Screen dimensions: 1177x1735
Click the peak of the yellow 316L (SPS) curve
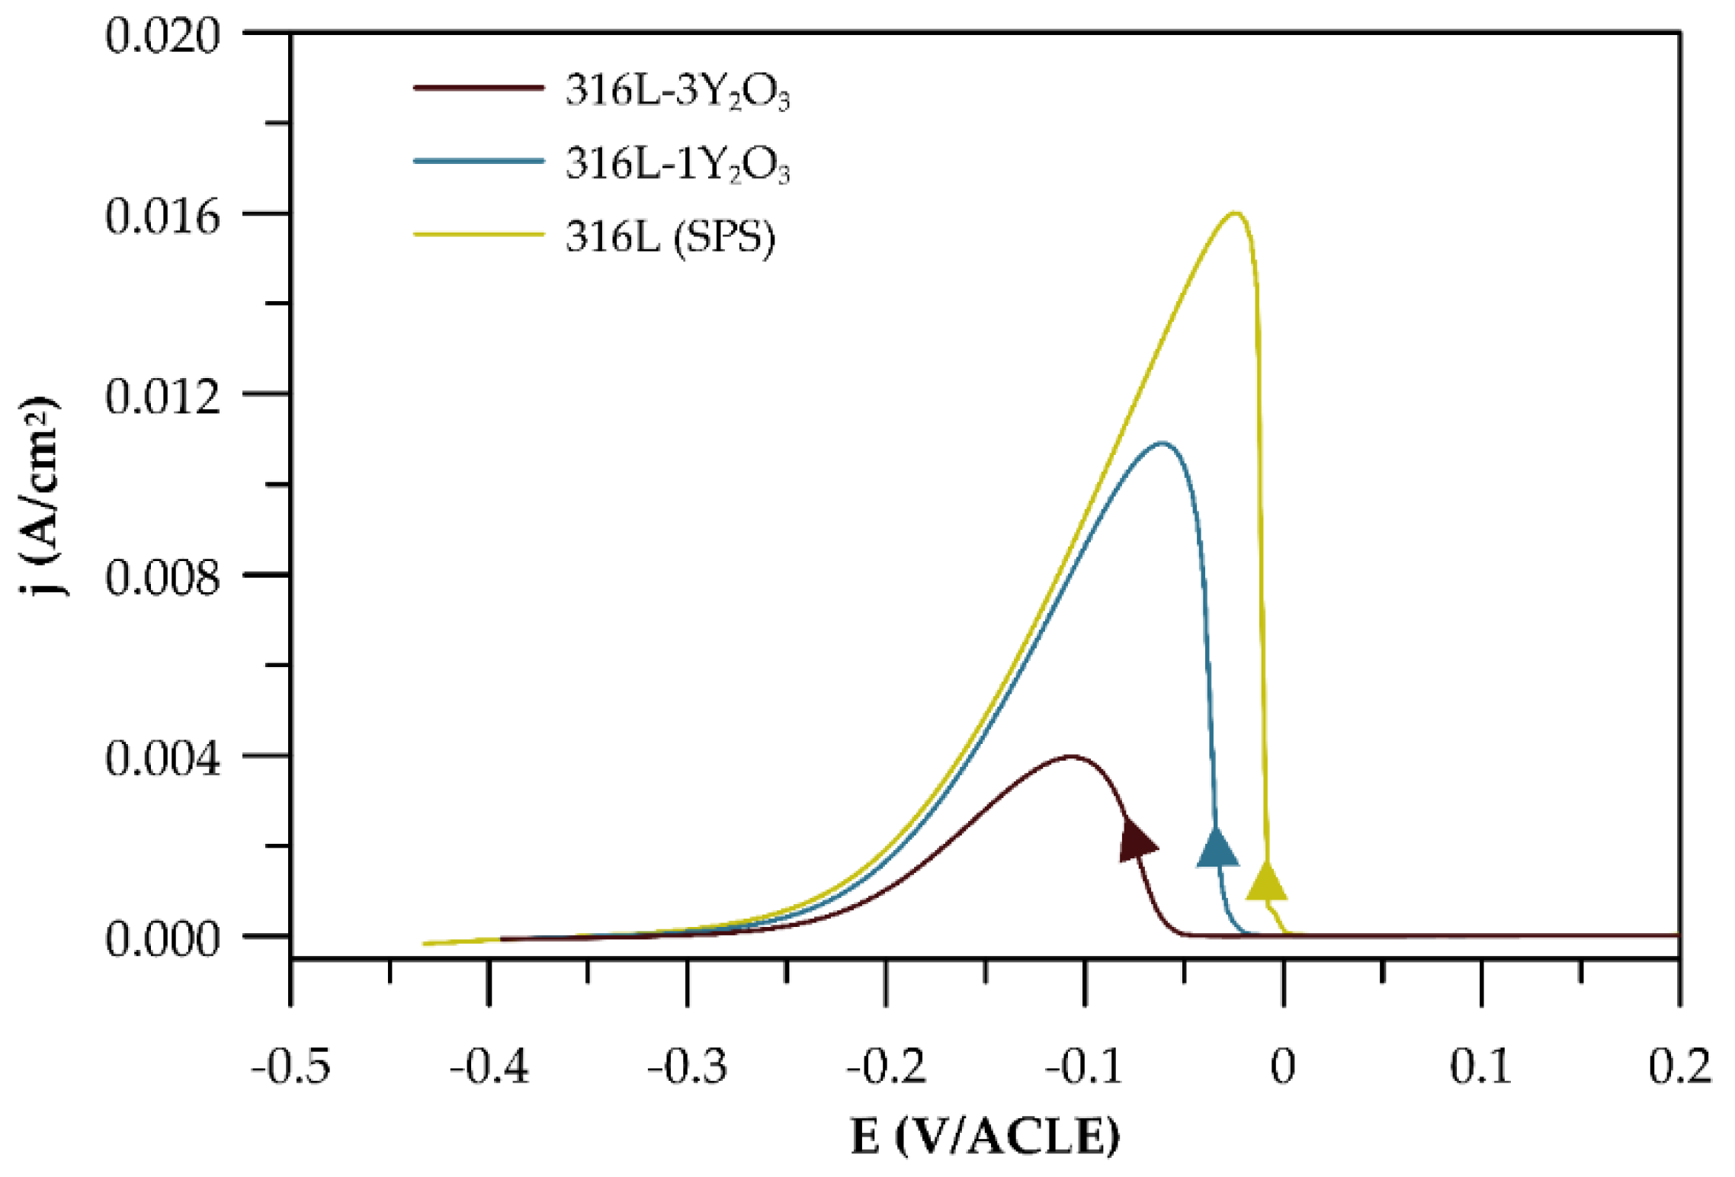[1235, 213]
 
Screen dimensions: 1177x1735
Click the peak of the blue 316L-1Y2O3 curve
[1161, 443]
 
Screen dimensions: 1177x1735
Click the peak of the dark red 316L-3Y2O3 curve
[1071, 757]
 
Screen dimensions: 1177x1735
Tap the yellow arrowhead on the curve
[1266, 882]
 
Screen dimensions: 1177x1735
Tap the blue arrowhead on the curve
[1217, 848]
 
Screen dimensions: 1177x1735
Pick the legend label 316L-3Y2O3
[677, 91]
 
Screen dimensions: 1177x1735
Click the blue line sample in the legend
[479, 161]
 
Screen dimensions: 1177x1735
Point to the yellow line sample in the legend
[479, 234]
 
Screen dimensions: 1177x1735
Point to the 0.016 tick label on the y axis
[162, 216]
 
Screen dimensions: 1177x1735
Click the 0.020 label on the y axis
[162, 36]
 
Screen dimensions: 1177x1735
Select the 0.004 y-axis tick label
[162, 759]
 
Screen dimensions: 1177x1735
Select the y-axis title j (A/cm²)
[40, 495]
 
